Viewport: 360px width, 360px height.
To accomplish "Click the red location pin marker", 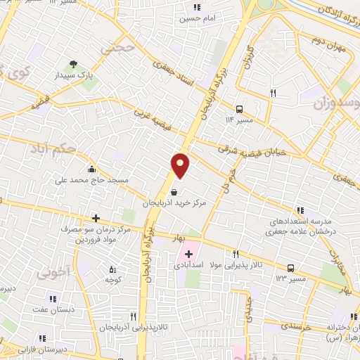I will tap(181, 165).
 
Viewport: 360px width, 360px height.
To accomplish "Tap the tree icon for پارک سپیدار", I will tap(70, 65).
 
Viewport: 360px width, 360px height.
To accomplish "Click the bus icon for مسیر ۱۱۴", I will tap(240, 109).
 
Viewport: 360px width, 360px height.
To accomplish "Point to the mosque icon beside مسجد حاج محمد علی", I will tap(92, 169).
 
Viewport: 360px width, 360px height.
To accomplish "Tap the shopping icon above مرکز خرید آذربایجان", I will tap(174, 191).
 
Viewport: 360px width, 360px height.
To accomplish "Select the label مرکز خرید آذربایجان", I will tap(174, 202).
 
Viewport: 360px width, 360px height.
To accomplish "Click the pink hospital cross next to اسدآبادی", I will tap(188, 253).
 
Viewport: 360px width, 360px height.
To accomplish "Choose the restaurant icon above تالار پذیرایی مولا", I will tap(236, 255).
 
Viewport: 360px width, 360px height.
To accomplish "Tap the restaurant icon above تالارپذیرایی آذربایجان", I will tap(133, 317).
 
